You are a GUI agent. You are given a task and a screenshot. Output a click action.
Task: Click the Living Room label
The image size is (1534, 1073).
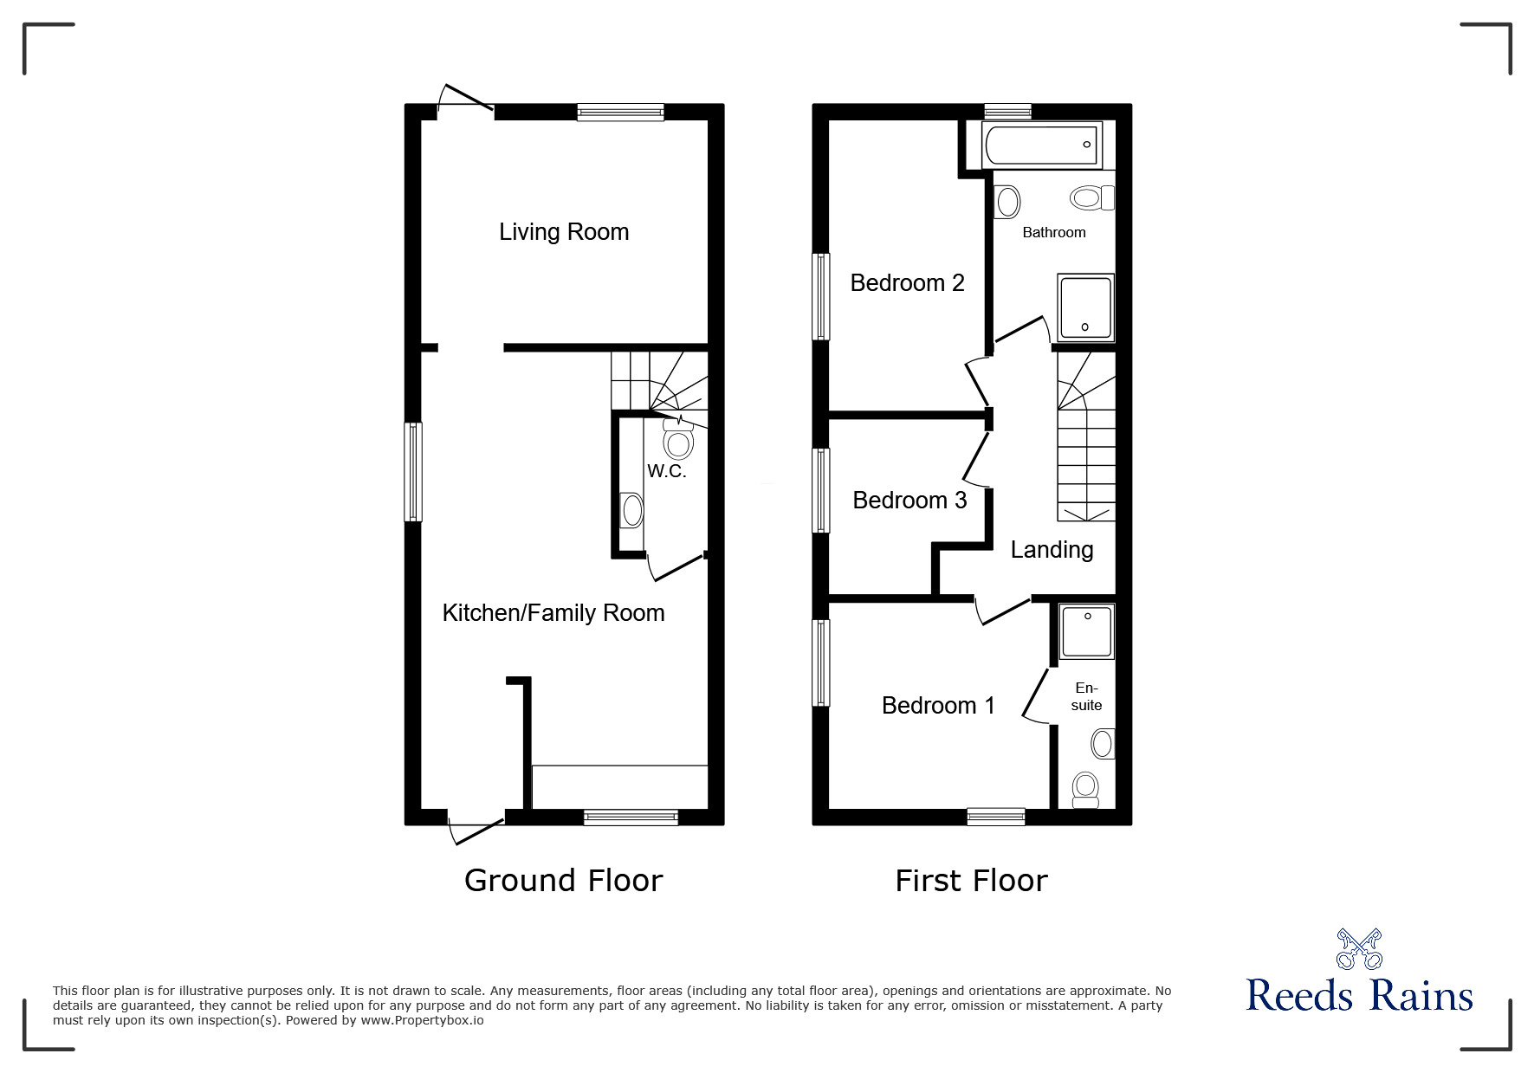click(564, 232)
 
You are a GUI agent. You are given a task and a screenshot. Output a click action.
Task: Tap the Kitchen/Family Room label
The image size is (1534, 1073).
click(553, 613)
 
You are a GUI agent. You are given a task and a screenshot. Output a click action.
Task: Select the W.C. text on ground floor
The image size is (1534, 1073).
click(667, 471)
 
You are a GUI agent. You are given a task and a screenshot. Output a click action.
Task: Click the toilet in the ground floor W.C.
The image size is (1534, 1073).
click(677, 443)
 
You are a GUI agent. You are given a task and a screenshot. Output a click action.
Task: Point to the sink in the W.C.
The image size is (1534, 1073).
click(632, 511)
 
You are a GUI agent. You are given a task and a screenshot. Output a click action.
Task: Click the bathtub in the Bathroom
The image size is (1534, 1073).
click(1041, 145)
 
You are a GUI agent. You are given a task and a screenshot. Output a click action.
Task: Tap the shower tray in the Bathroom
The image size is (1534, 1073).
click(1085, 307)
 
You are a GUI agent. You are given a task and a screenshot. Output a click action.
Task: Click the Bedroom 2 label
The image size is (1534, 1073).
click(907, 283)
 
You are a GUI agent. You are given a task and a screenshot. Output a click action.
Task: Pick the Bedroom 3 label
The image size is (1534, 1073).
click(909, 501)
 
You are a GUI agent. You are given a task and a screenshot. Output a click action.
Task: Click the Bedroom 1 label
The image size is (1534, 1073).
click(938, 706)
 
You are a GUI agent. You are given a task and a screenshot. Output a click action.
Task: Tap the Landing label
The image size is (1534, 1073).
click(1052, 550)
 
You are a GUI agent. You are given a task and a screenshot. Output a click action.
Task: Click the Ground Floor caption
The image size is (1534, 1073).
click(563, 881)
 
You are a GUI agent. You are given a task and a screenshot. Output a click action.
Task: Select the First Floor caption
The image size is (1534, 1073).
click(971, 881)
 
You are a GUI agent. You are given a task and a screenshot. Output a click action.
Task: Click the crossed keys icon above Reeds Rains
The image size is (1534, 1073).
click(1359, 949)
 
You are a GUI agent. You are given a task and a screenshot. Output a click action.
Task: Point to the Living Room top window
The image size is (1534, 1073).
click(620, 112)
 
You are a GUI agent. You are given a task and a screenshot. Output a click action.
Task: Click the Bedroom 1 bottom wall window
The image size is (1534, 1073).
click(996, 816)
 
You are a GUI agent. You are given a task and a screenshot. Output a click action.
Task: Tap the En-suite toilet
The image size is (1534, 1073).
click(1084, 789)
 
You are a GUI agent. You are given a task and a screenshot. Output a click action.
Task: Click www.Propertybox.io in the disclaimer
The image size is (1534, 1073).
click(423, 1020)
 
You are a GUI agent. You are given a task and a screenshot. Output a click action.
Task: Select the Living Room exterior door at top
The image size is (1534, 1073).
click(466, 100)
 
